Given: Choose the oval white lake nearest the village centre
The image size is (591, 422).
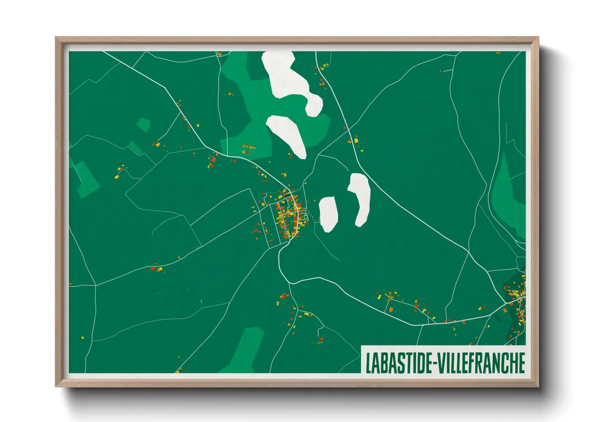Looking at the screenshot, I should [328, 214].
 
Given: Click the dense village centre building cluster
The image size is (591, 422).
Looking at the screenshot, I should [288, 215].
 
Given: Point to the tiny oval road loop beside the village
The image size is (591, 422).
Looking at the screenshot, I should [305, 217].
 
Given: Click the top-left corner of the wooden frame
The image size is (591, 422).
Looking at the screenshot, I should [57, 38].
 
